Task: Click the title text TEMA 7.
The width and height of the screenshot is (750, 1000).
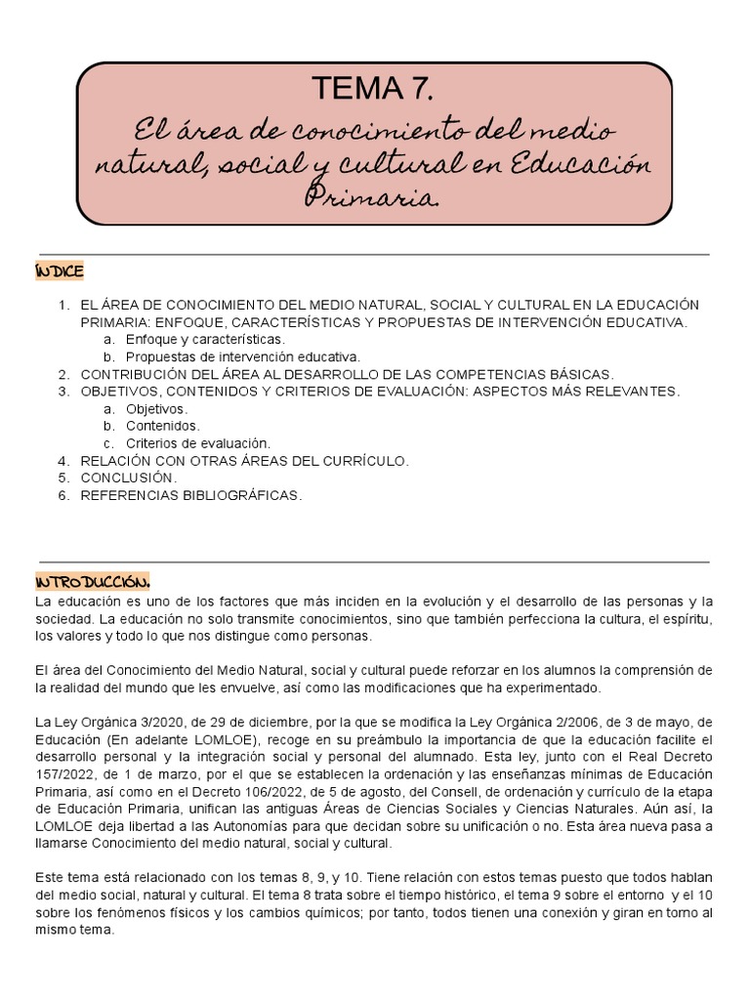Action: (x=374, y=90)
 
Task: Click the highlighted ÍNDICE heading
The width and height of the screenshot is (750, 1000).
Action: (x=59, y=271)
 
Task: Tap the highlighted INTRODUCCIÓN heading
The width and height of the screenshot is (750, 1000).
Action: (x=92, y=582)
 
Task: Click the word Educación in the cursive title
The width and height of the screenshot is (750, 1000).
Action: (x=591, y=164)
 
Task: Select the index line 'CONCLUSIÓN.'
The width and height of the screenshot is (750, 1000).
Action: (x=129, y=478)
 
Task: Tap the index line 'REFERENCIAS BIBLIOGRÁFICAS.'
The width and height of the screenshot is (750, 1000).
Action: (x=191, y=495)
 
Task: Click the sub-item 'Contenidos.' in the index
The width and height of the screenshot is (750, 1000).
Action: (x=163, y=426)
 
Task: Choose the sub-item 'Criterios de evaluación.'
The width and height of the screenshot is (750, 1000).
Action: (x=198, y=443)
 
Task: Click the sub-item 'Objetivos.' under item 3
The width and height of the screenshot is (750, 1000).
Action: (x=157, y=408)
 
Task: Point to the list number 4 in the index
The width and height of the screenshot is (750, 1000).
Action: (x=62, y=461)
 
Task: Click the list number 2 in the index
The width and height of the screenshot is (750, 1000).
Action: (x=62, y=374)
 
